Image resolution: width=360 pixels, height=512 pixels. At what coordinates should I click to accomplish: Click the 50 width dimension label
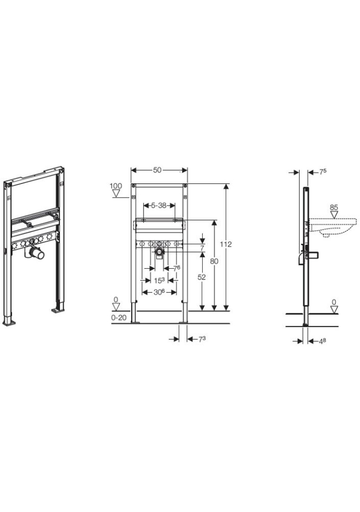(x=157, y=170)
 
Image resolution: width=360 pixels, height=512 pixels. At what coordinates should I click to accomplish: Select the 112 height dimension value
(x=226, y=244)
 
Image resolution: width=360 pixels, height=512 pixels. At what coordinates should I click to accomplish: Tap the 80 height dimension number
(x=214, y=261)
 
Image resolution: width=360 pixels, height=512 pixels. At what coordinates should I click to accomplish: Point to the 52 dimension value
(x=202, y=277)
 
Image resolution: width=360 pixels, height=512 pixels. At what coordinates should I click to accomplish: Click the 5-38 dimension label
(x=159, y=205)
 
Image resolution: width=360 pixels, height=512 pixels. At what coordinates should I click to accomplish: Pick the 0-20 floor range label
(x=119, y=317)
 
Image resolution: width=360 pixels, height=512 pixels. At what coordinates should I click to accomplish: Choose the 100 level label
(x=116, y=186)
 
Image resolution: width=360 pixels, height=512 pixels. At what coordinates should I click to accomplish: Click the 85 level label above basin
(x=333, y=207)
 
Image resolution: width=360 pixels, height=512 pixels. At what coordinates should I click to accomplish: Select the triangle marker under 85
(x=334, y=215)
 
